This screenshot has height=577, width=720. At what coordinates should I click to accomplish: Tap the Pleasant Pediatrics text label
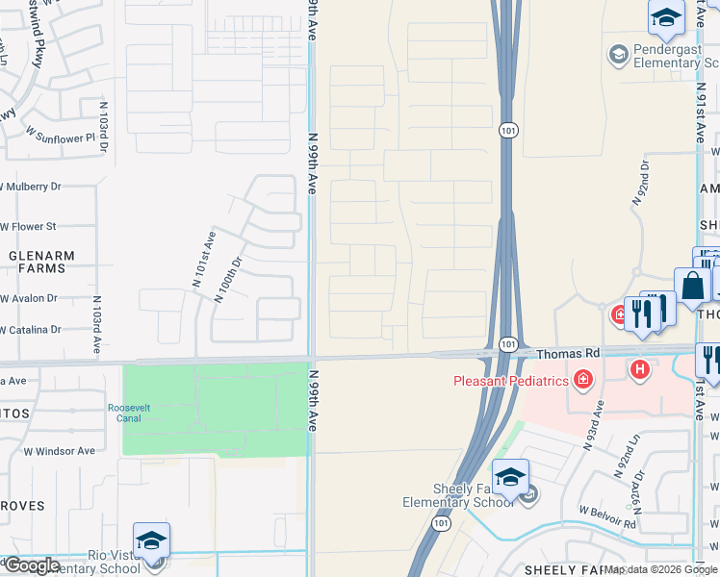coord(512,381)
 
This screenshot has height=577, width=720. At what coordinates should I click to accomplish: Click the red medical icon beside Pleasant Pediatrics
coord(582,381)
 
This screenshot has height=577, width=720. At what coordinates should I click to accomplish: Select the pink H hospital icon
coord(639,368)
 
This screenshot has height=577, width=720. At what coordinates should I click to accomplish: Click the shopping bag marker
coord(692,286)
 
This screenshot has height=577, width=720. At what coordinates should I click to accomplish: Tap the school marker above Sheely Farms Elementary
coord(510,476)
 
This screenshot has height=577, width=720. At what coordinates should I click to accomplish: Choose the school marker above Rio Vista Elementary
coord(151,540)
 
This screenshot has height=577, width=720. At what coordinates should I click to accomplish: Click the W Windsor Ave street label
coord(60,450)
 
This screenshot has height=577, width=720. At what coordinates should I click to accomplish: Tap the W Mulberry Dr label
coord(31,187)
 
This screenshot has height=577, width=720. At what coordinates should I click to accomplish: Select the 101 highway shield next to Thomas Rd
coord(508,343)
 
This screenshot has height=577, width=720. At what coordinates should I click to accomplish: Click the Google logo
coord(31,565)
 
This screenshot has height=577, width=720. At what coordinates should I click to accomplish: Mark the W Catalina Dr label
coord(31,330)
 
